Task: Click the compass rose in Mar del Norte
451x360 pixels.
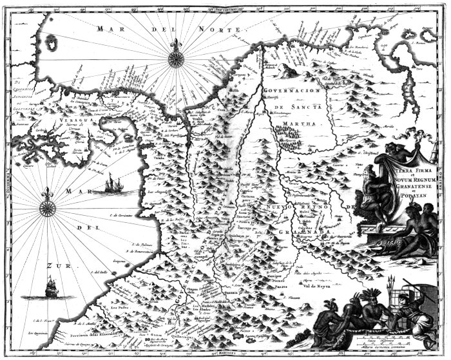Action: (x=175, y=57)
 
